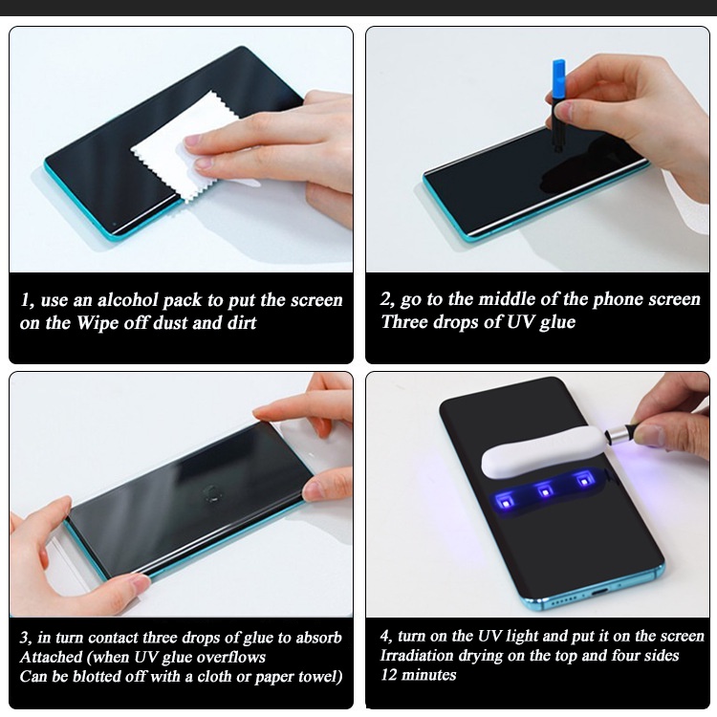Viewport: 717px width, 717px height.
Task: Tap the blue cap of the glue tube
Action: point(559,79)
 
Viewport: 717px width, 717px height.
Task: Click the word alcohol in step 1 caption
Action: point(126,300)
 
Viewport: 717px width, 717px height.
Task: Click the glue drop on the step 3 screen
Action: point(211,493)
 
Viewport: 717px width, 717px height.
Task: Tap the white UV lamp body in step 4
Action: point(543,451)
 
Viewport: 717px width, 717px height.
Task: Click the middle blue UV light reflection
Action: point(544,491)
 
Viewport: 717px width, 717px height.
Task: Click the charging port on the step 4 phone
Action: point(599,592)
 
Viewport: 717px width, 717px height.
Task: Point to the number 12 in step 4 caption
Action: point(388,675)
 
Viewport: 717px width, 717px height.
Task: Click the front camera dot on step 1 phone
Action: point(115,224)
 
